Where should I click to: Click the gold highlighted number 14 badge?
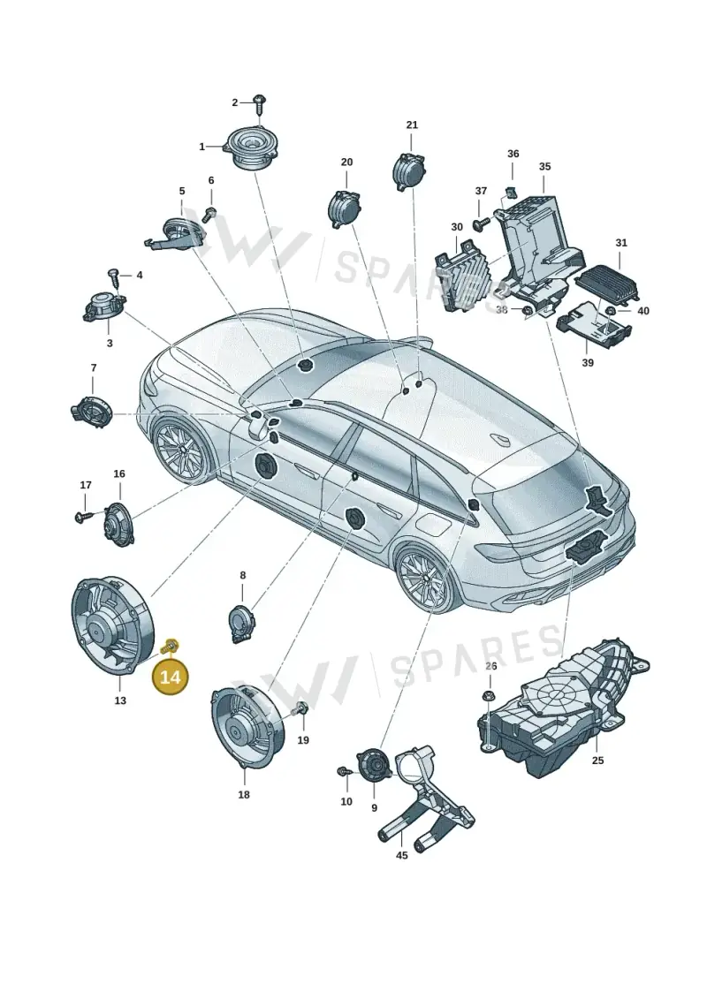pos(171,677)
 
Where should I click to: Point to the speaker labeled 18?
pos(246,726)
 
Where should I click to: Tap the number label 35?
pos(544,167)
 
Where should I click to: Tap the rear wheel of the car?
pos(424,579)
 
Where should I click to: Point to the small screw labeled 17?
pos(83,516)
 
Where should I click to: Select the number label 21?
pos(412,125)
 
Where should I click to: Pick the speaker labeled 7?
pos(91,411)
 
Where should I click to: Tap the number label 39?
pos(588,362)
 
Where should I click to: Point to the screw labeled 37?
pos(481,223)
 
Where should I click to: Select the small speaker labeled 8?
pos(241,621)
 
